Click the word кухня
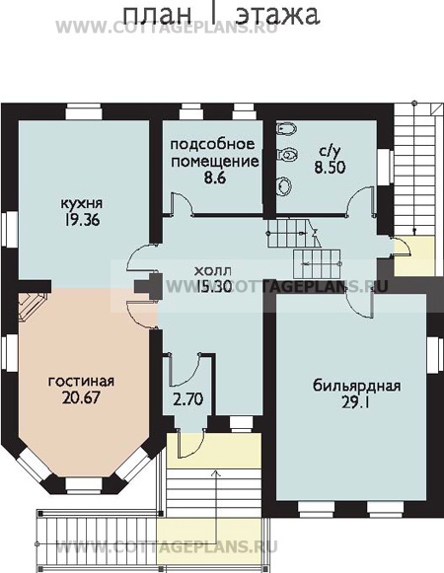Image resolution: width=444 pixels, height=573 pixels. pyautogui.click(x=82, y=203)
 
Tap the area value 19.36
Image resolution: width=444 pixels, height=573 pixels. pyautogui.click(x=82, y=220)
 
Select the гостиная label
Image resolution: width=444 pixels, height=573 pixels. pyautogui.click(x=81, y=381)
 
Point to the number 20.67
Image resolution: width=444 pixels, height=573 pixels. pyautogui.click(x=81, y=397)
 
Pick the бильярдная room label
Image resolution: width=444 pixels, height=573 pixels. pyautogui.click(x=356, y=386)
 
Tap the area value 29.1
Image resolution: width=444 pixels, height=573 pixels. pyautogui.click(x=355, y=402)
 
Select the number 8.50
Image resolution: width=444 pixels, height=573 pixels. pyautogui.click(x=330, y=168)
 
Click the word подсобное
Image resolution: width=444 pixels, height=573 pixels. pyautogui.click(x=212, y=144)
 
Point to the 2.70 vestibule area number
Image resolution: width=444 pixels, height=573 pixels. pyautogui.click(x=188, y=399)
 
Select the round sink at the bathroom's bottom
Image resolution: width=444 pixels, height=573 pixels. pyautogui.click(x=284, y=184)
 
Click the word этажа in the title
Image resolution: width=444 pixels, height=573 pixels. pyautogui.click(x=278, y=15)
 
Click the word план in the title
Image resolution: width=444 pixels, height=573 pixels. pyautogui.click(x=158, y=15)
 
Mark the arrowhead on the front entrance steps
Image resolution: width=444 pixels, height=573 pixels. pyautogui.click(x=216, y=474)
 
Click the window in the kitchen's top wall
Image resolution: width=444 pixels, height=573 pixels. pyautogui.click(x=84, y=111)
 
